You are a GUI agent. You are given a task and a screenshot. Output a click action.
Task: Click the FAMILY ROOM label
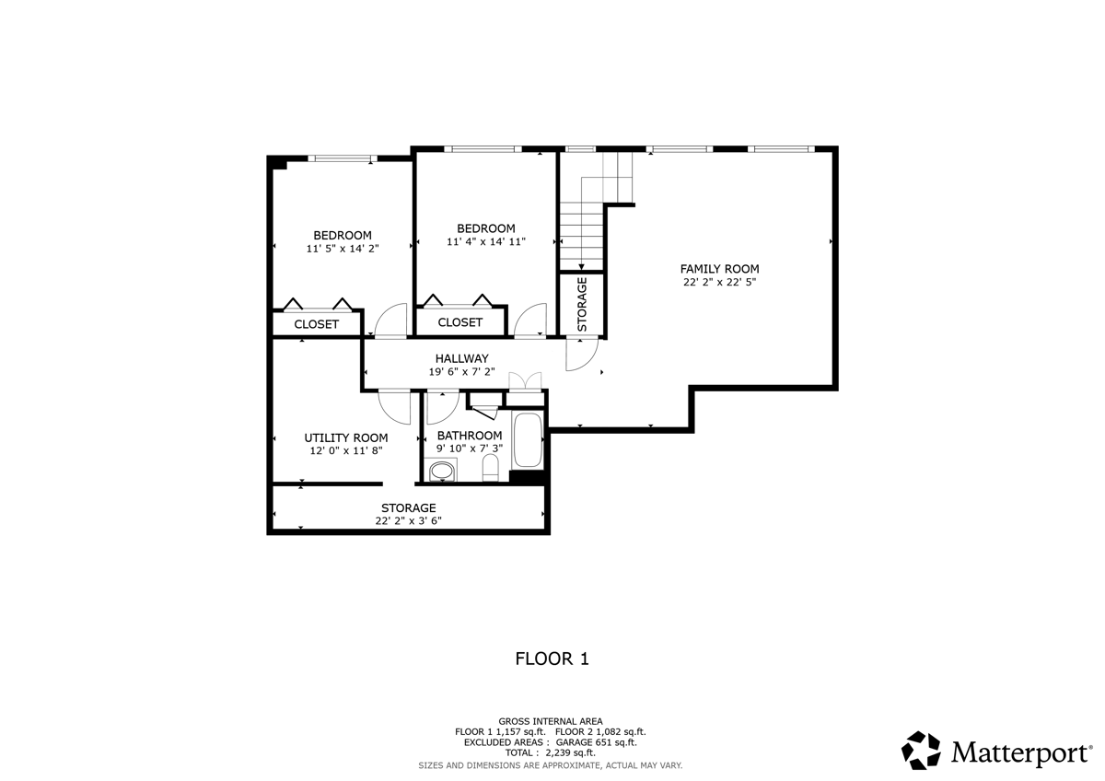click(x=719, y=269)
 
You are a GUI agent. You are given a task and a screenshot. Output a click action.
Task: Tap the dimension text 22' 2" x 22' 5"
click(x=719, y=283)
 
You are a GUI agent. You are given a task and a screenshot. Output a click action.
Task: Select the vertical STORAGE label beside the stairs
click(x=582, y=304)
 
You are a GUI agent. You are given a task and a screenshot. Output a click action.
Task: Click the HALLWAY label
click(x=461, y=358)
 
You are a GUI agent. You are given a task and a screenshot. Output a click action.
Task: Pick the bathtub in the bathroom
click(x=529, y=440)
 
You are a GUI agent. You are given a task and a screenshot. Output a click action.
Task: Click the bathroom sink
click(x=442, y=472)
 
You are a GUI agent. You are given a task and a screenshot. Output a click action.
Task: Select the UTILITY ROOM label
click(x=346, y=437)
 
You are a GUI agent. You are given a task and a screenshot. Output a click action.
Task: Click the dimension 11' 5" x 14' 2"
click(x=343, y=249)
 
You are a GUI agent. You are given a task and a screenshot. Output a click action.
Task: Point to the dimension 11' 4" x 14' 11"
click(x=485, y=242)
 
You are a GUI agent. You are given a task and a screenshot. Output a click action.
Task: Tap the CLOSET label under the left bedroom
click(x=316, y=324)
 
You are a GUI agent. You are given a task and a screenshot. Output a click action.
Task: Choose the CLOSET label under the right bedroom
click(x=459, y=322)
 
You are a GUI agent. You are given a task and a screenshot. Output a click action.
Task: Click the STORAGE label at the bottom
click(x=408, y=507)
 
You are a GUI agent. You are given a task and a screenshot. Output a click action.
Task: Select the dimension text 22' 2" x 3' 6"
click(x=408, y=520)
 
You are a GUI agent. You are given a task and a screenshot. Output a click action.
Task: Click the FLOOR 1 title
click(x=551, y=659)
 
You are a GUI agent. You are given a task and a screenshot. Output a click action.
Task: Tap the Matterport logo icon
click(x=920, y=751)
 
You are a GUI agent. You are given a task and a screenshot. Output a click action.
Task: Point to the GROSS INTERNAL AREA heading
click(x=551, y=720)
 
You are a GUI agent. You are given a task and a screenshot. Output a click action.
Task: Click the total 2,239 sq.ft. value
click(x=565, y=752)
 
